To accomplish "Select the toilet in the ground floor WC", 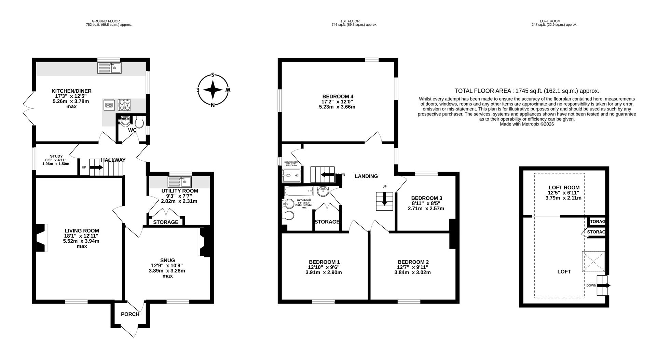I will click(139, 122).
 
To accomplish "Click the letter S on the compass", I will click(213, 75).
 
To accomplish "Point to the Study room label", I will click(56, 156).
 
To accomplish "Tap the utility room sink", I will click(180, 181).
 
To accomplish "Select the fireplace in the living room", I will click(41, 238).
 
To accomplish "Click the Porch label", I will click(130, 314).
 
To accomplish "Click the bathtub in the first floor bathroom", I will click(299, 190).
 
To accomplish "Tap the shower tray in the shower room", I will click(292, 176).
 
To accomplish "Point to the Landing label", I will click(366, 176).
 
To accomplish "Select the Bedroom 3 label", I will click(426, 198).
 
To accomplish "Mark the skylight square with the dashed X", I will click(593, 262).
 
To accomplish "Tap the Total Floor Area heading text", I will click(527, 91).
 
